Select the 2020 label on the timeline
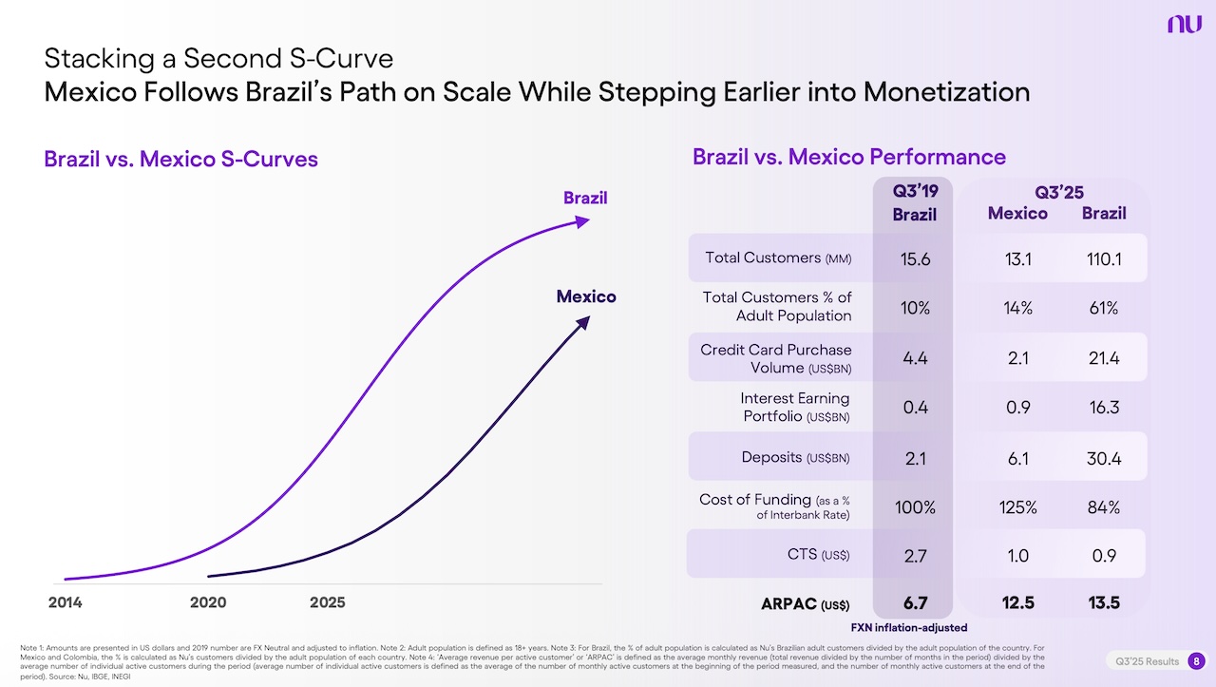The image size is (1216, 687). (x=208, y=602)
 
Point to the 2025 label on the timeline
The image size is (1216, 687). (x=328, y=602)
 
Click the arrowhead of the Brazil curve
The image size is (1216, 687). (x=582, y=221)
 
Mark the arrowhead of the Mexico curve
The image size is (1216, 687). (x=583, y=324)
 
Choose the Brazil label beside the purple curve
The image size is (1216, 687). (x=585, y=199)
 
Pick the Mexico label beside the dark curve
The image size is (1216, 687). (x=585, y=296)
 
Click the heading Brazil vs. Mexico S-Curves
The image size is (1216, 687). (x=180, y=159)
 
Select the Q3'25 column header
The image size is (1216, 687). (x=1059, y=193)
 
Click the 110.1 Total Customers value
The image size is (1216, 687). (x=1104, y=258)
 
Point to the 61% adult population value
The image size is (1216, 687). (x=1104, y=308)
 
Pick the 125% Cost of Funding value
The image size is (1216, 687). (x=1017, y=507)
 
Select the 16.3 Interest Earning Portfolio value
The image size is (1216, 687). (x=1104, y=408)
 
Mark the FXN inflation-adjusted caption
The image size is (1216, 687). (x=908, y=627)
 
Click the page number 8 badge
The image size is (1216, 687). (x=1195, y=661)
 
